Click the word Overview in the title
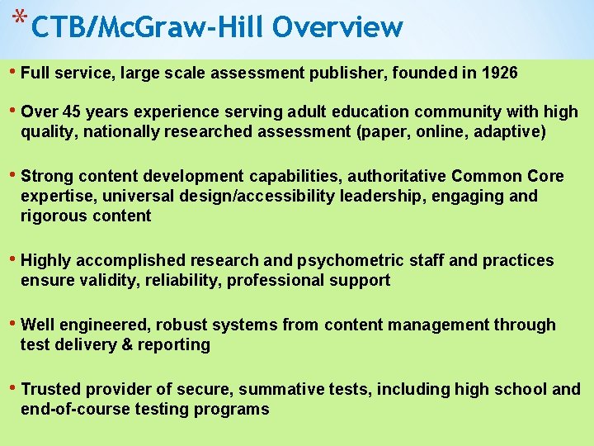338,28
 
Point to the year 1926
498,73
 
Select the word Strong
48,176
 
